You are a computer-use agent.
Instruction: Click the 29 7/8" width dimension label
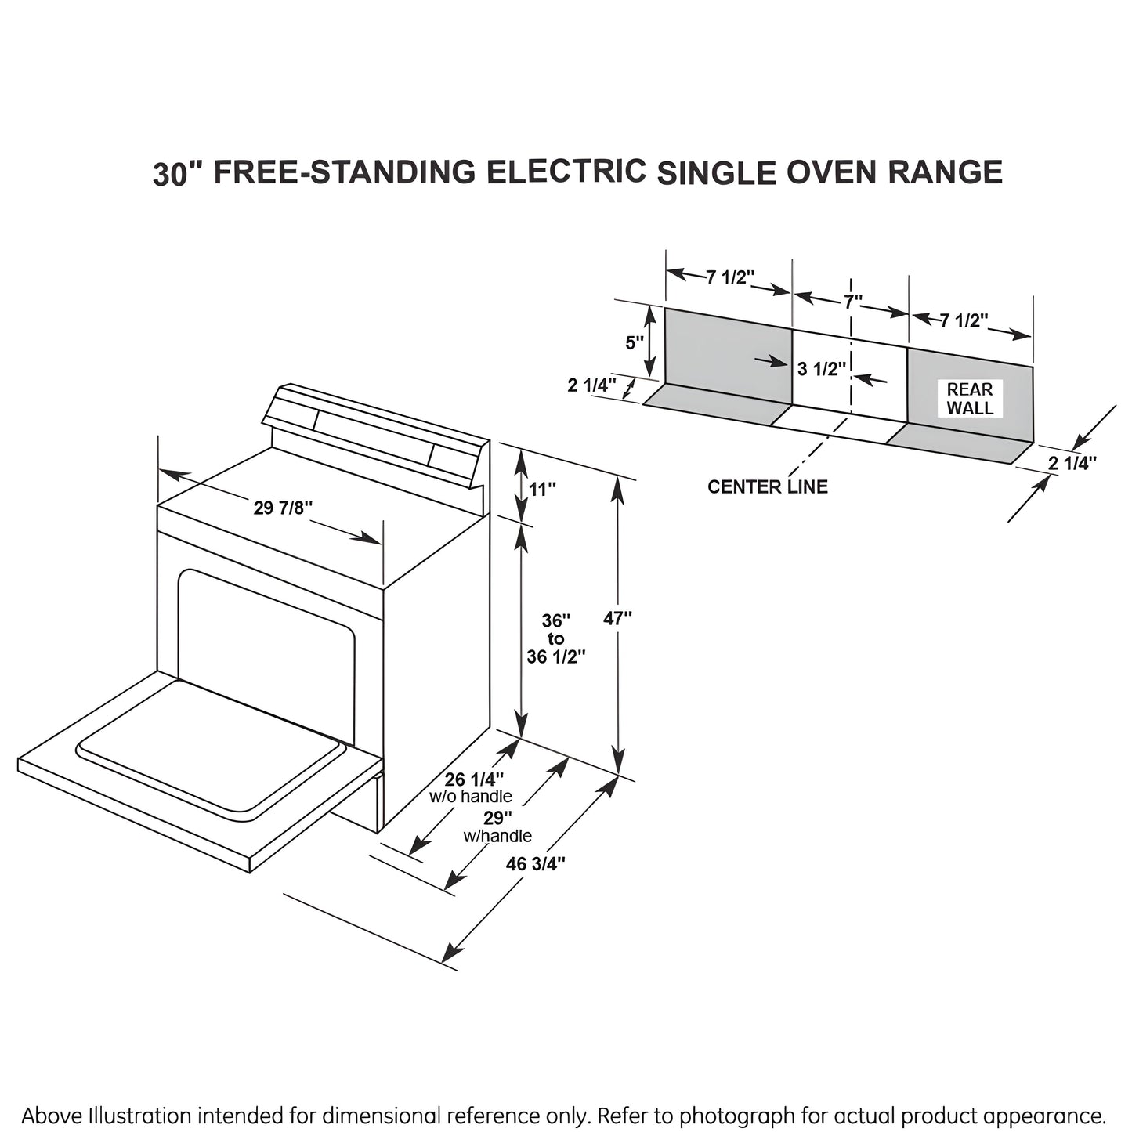tap(283, 508)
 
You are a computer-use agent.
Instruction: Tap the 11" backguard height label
tap(542, 489)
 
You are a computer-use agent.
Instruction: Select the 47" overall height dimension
tap(617, 618)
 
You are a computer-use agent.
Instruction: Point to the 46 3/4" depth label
tap(536, 864)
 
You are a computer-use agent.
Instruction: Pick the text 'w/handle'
tap(497, 836)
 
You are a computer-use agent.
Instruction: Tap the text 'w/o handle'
tap(471, 797)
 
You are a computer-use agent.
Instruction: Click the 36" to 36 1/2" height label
tap(555, 639)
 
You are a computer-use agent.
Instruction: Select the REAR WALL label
tap(969, 399)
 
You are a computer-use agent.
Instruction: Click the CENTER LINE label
tap(767, 487)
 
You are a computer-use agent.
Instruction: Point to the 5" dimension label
tap(635, 343)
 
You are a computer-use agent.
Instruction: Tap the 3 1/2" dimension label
tap(822, 368)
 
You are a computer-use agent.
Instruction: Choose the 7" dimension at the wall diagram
tap(852, 301)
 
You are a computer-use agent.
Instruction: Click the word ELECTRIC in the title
tap(566, 171)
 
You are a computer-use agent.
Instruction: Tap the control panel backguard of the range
tap(372, 430)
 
